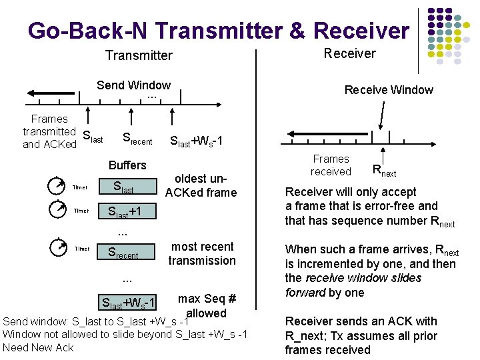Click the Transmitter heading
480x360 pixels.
[x=139, y=55]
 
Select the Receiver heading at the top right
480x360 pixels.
[x=349, y=53]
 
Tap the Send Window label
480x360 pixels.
[x=133, y=85]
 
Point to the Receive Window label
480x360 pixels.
[x=388, y=90]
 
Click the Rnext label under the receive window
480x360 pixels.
[x=384, y=171]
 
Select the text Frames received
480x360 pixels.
[x=331, y=165]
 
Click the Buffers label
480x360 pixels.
[x=127, y=165]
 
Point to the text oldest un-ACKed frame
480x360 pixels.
[x=201, y=185]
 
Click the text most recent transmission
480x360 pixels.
[x=202, y=253]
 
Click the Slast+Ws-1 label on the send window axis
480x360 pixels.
[x=197, y=141]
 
